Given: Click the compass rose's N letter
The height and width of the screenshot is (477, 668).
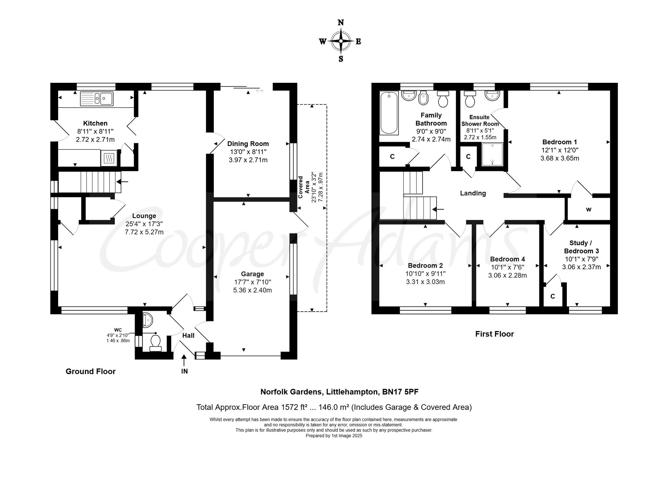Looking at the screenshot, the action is point(341,23).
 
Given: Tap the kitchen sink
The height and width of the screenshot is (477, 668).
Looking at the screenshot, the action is point(97,98).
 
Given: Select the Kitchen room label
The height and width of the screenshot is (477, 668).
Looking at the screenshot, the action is point(95,123).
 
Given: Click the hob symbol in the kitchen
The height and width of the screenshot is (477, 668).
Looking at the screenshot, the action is point(109,158).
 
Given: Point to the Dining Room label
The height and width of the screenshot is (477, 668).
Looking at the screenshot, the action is point(248,144).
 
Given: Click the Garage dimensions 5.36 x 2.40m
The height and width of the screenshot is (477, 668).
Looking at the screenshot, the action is point(253,290).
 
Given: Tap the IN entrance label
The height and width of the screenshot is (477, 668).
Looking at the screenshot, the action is point(184,371).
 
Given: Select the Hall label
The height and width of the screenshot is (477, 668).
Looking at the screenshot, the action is point(188,335).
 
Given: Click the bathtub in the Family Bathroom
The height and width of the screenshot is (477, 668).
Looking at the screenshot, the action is point(389,113).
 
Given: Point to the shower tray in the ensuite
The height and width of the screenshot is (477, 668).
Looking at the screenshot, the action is point(492,154).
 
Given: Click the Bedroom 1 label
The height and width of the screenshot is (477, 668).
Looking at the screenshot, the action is point(559,142).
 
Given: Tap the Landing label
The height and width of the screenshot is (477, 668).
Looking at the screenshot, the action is point(473,193).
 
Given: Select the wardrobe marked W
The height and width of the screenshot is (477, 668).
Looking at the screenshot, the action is point(589,209).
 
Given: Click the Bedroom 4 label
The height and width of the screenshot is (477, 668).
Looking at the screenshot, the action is point(507,259).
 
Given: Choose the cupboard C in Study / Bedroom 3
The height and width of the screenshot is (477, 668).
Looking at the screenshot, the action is point(553,296).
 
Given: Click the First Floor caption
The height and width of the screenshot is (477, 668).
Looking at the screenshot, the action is point(495,334).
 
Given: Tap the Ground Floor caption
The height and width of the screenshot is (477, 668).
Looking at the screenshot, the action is point(91,371).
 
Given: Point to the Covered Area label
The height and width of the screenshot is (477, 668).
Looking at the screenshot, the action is point(303,187).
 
